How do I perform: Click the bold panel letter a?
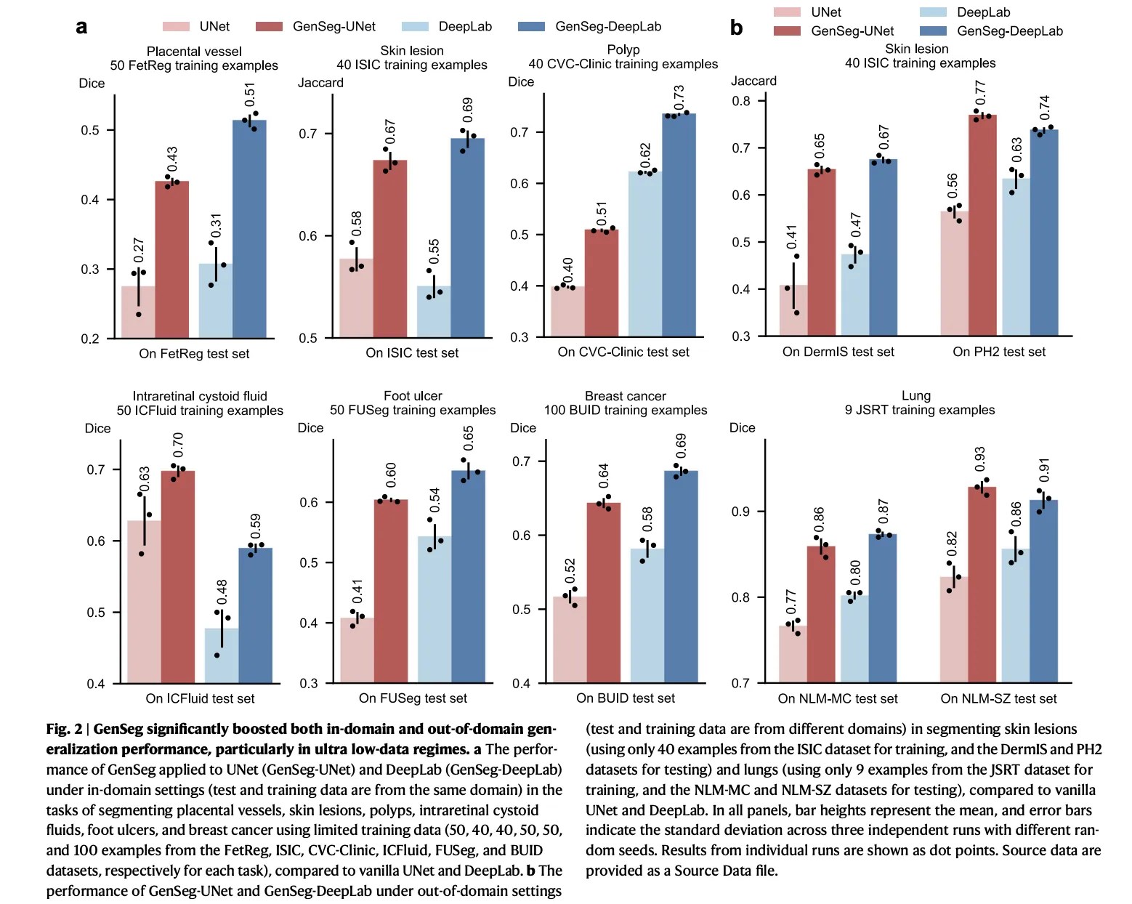pyautogui.click(x=81, y=28)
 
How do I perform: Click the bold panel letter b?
pyautogui.click(x=736, y=28)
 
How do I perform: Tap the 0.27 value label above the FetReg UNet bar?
pyautogui.click(x=139, y=250)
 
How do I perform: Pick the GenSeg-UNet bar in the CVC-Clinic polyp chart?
pyautogui.click(x=602, y=283)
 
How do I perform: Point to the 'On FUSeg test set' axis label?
pyautogui.click(x=413, y=698)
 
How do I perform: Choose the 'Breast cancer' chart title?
pyautogui.click(x=625, y=396)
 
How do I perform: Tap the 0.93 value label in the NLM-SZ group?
pyautogui.click(x=980, y=459)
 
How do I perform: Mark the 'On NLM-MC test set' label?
pyautogui.click(x=837, y=698)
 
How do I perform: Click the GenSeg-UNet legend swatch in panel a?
pyautogui.click(x=269, y=27)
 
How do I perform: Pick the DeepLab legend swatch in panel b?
pyautogui.click(x=933, y=12)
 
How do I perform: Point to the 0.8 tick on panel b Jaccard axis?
pyautogui.click(x=741, y=101)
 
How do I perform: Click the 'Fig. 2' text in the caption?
pyautogui.click(x=64, y=729)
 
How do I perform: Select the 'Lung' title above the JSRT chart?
pyautogui.click(x=915, y=396)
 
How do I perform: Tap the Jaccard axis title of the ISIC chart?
pyautogui.click(x=320, y=83)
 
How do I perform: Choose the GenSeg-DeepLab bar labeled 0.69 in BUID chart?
pyautogui.click(x=681, y=577)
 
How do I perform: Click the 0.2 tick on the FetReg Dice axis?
pyautogui.click(x=90, y=339)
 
